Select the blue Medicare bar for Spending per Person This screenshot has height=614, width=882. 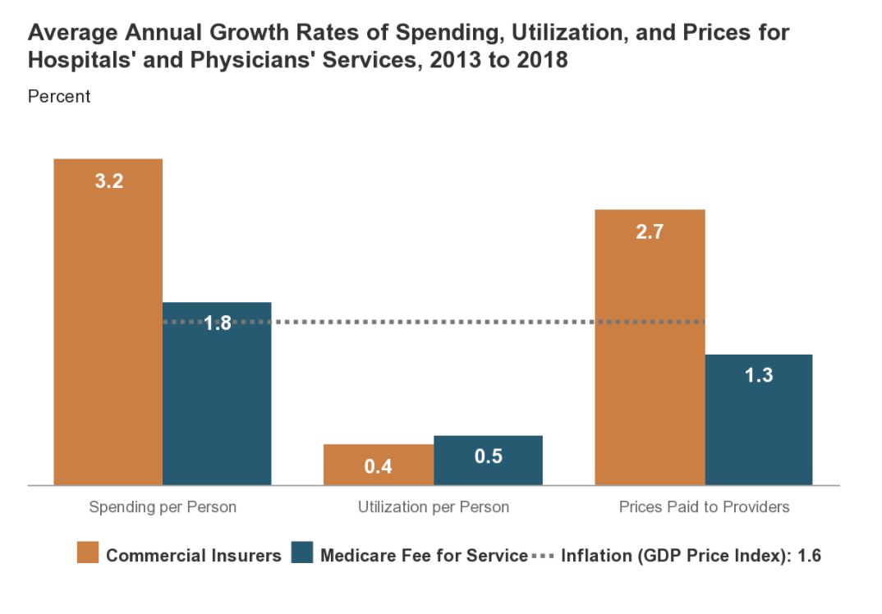[217, 394]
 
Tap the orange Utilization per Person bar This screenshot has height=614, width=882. [378, 465]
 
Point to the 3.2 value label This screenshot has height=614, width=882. [109, 181]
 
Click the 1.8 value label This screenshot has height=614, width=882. [218, 323]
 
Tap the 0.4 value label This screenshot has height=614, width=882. [379, 466]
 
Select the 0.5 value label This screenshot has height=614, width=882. [488, 456]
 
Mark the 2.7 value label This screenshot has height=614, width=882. [650, 232]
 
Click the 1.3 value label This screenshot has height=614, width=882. [759, 375]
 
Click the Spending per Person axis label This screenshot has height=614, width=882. [163, 506]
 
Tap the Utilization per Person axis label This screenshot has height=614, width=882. [434, 506]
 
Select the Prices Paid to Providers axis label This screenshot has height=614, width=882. [704, 506]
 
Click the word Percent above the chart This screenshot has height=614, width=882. [59, 96]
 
